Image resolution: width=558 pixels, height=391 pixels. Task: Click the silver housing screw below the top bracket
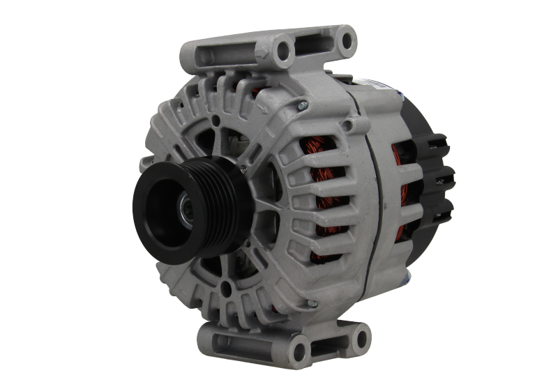pyautogui.click(x=301, y=105)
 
